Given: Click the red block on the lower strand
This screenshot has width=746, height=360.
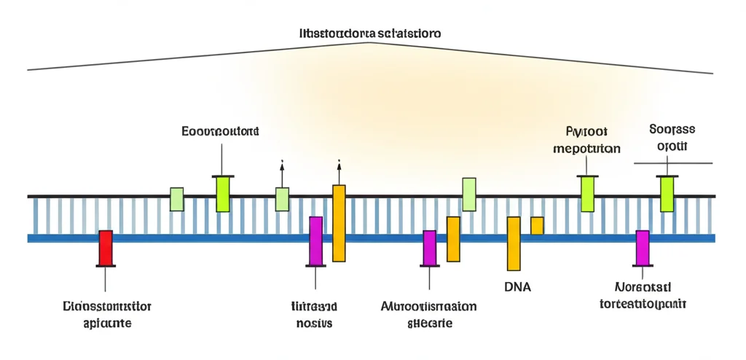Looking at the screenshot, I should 106,248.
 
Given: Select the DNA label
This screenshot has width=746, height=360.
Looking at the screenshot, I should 517,287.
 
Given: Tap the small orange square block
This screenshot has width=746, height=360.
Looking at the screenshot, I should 537,226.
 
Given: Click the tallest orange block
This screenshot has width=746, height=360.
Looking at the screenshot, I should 339,223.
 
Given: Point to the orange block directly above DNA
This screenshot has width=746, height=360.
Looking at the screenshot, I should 514,243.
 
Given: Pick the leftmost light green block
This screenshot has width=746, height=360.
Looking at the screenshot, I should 176,199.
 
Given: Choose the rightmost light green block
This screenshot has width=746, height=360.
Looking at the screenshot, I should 469,195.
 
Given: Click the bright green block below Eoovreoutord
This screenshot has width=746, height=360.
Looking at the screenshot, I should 223,194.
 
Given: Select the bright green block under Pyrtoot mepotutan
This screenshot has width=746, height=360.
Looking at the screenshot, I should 587,194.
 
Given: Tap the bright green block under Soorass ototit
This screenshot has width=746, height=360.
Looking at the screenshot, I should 667,194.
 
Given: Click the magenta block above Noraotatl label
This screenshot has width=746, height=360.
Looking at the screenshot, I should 642,248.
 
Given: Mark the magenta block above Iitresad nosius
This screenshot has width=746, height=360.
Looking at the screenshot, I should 315,240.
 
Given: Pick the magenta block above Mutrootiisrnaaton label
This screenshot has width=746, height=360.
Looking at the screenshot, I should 430,248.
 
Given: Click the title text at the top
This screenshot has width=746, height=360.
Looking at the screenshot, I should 371,34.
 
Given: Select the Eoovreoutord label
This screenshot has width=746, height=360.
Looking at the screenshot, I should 220,132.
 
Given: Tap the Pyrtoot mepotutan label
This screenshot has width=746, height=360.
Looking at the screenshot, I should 586,140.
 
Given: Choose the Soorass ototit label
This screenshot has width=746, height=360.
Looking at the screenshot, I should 671,137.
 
